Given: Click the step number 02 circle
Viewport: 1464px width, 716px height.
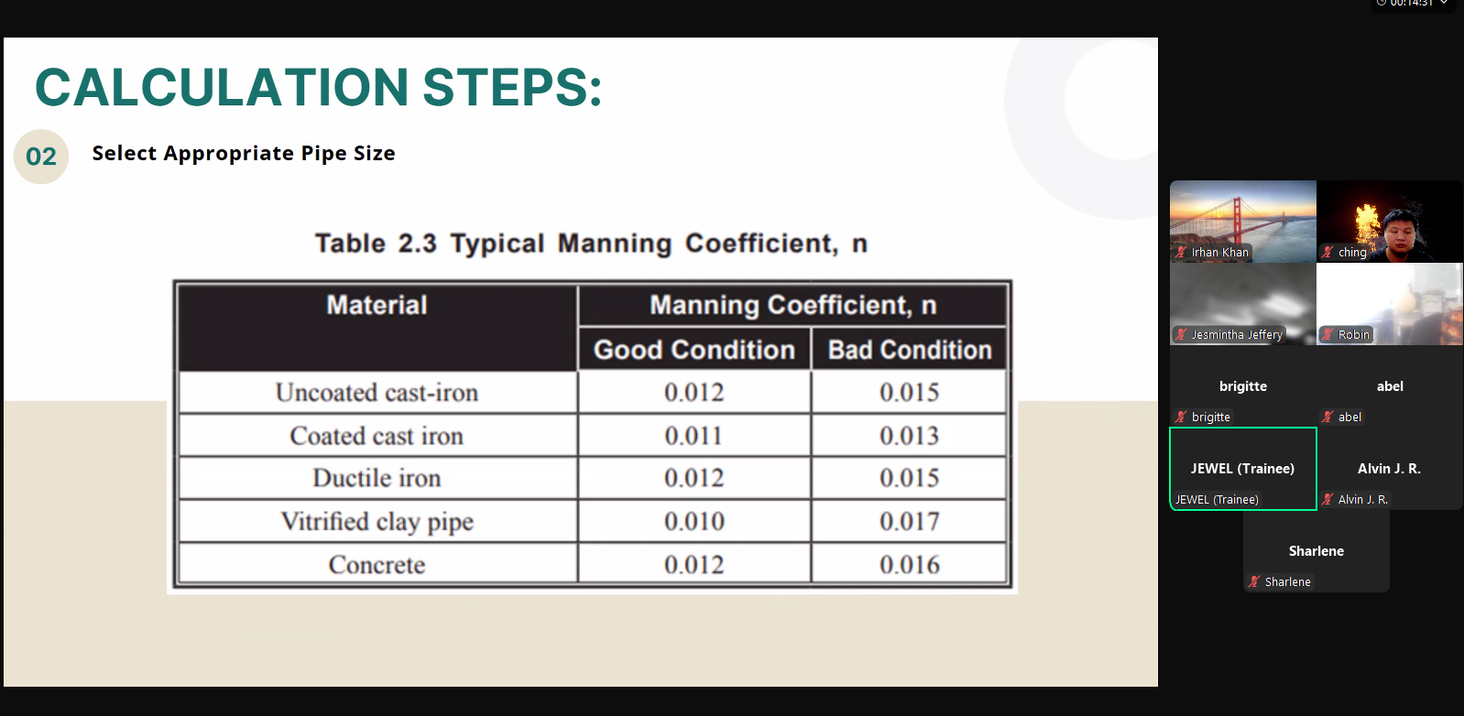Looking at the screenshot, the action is [x=41, y=157].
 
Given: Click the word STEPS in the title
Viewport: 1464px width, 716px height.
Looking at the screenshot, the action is [x=512, y=87].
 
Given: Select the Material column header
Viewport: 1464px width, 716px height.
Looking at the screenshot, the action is [x=377, y=305].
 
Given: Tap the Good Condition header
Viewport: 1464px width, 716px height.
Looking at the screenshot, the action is [x=694, y=350].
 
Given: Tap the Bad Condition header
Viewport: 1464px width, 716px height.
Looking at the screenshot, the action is [x=910, y=350].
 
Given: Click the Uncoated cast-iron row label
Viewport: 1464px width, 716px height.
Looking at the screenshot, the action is [x=377, y=393].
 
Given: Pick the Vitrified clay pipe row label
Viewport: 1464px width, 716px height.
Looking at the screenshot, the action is [x=377, y=522].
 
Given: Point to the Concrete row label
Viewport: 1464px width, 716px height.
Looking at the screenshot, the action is [x=377, y=564].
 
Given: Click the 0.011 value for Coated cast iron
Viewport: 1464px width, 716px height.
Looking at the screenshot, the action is [x=694, y=436].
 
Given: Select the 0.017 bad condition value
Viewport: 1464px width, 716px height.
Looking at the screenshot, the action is [x=909, y=521].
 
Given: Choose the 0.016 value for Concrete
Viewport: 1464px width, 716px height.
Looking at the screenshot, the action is [x=909, y=564].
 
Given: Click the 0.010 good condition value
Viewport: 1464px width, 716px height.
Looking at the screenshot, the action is [x=694, y=521].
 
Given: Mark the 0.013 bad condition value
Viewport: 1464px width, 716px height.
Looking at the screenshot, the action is [x=909, y=436].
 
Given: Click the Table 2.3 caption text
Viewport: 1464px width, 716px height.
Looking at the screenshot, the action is [x=592, y=244].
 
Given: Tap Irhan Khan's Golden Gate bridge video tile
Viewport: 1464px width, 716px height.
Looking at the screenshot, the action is [x=1243, y=222].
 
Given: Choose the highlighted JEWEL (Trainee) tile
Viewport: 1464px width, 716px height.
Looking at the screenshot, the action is [x=1243, y=469].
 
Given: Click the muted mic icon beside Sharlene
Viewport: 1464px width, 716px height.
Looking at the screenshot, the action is [x=1253, y=581].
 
